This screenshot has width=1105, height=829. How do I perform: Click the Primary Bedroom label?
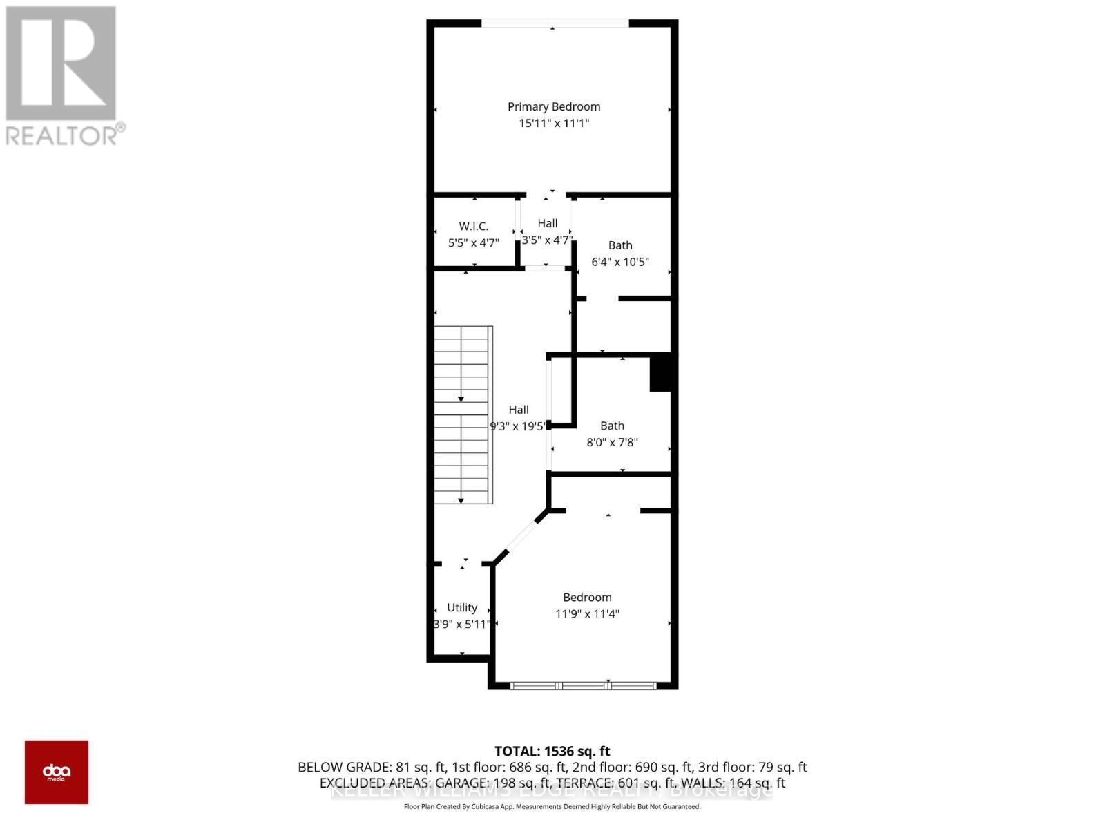click(554, 106)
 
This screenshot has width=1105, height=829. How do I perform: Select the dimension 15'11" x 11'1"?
click(554, 123)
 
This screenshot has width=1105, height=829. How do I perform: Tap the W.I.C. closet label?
click(474, 227)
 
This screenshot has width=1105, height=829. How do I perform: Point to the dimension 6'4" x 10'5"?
click(620, 262)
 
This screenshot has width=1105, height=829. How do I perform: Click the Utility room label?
click(462, 607)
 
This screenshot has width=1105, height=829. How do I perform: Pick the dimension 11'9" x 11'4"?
click(587, 613)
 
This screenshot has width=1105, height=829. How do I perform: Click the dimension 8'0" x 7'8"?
click(612, 442)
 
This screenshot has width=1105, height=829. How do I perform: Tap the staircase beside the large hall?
click(463, 414)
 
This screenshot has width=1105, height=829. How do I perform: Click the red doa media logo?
click(57, 772)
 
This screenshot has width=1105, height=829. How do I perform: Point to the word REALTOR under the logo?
click(62, 135)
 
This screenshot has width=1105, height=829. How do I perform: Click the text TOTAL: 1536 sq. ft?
click(552, 751)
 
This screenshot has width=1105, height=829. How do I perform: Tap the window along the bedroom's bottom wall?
click(583, 685)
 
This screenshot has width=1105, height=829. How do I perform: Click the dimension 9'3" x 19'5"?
click(518, 426)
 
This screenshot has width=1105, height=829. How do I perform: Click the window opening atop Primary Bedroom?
click(555, 24)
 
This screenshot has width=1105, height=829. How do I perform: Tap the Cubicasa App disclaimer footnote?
click(552, 806)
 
